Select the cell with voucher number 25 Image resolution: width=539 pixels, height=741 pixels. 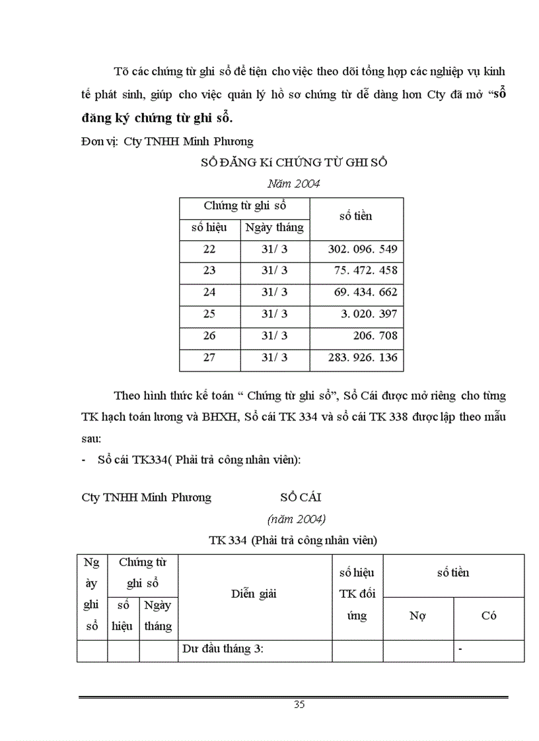(x=209, y=314)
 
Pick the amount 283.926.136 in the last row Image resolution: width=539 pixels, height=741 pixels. (x=362, y=358)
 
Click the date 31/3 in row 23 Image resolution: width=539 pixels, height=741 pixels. (x=275, y=271)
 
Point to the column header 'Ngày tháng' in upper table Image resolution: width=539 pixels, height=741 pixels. (x=275, y=228)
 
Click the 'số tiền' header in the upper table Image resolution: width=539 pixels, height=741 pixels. (x=356, y=216)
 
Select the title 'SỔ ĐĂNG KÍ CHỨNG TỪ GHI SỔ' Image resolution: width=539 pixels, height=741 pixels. (x=294, y=164)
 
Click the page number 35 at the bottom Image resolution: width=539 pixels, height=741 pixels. (x=299, y=704)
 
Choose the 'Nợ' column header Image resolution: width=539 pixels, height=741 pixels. (x=417, y=616)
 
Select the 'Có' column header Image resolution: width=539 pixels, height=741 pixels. (x=489, y=616)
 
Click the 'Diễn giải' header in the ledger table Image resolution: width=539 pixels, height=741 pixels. (x=254, y=593)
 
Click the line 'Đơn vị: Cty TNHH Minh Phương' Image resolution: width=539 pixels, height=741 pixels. (x=167, y=141)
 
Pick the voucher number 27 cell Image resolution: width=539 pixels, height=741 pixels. (x=209, y=358)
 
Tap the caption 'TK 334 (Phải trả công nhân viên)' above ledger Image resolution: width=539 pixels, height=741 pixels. (x=293, y=540)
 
